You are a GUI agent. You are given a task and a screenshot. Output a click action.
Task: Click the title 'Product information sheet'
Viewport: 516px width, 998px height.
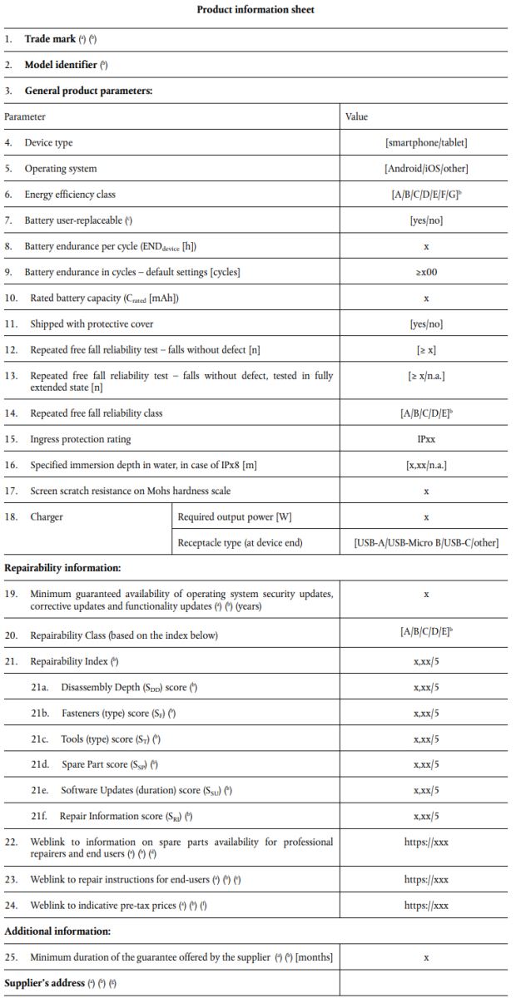[x=256, y=10]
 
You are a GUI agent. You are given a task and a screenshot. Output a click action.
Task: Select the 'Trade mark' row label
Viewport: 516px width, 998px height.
[x=50, y=39]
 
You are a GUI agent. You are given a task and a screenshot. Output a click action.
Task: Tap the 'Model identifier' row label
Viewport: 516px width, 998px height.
[x=62, y=65]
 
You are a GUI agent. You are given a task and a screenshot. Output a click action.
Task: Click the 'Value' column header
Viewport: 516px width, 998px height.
[x=356, y=117]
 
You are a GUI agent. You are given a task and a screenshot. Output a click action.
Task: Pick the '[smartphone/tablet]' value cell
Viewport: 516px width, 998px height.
[x=426, y=143]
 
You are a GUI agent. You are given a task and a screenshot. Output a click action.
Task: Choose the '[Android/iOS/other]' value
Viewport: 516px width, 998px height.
[x=426, y=169]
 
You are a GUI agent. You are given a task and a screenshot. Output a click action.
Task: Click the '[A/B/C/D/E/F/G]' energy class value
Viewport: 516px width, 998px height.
[x=426, y=195]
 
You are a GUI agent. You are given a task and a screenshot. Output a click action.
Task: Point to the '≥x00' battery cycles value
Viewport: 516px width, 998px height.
[x=426, y=272]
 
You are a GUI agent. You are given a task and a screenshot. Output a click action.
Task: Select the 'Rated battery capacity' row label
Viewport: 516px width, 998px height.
[x=104, y=298]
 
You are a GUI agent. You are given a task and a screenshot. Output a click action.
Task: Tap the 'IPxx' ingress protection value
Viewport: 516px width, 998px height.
[x=426, y=439]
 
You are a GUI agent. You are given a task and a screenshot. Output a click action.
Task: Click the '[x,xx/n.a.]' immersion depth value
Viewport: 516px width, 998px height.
[x=426, y=465]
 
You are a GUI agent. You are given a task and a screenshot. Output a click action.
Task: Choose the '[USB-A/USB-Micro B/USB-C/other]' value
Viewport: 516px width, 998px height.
[x=426, y=543]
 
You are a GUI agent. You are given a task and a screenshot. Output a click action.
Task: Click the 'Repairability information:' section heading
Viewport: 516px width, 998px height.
[x=62, y=569]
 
